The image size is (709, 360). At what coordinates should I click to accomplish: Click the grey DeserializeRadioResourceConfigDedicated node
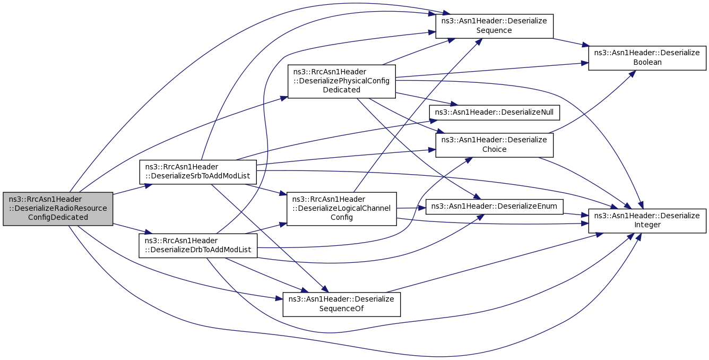(58, 208)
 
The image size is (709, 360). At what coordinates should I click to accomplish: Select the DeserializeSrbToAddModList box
(197, 172)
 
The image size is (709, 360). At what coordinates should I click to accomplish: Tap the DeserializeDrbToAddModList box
(197, 245)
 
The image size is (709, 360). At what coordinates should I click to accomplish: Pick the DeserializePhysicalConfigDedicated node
(341, 81)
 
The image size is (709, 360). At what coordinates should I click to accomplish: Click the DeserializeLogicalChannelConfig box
(341, 208)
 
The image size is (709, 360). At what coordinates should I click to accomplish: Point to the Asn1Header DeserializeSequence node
(494, 26)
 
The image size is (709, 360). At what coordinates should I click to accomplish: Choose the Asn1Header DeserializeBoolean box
(647, 57)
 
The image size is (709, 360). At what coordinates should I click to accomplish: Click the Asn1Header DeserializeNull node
(495, 112)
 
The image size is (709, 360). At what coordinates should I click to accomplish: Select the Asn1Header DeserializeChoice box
(494, 144)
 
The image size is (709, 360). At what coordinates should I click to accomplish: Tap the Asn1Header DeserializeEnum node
(495, 206)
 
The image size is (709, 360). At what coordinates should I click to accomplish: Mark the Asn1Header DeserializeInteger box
(647, 220)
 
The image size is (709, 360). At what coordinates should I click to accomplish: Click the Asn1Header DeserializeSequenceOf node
(341, 304)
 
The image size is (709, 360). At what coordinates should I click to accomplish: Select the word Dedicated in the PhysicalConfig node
(342, 90)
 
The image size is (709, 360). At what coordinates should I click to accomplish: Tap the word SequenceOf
(341, 308)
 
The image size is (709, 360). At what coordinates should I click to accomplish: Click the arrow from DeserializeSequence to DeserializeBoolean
(570, 42)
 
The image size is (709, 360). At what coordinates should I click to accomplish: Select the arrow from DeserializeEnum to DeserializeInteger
(575, 214)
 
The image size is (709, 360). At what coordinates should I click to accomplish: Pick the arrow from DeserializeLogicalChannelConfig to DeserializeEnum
(411, 208)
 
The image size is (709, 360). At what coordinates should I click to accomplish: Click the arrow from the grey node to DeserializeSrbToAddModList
(127, 190)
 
